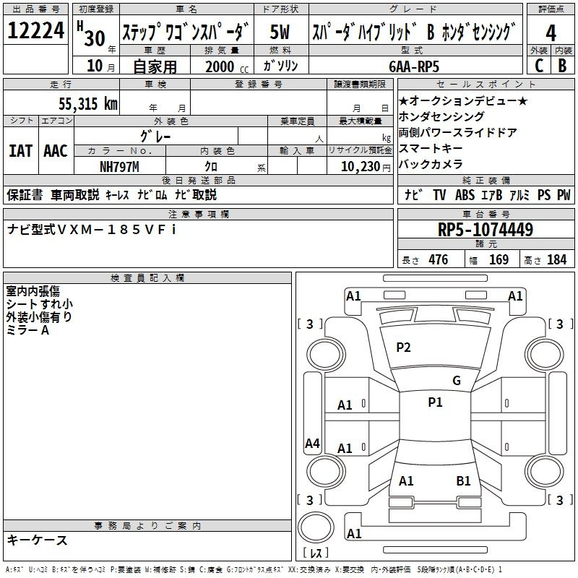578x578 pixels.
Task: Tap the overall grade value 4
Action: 551,32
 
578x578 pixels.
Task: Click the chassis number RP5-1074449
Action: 486,230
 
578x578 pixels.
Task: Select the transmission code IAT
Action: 20,150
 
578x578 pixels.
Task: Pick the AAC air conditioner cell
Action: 56,150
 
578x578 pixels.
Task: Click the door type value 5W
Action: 280,32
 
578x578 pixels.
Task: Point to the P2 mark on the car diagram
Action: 403,348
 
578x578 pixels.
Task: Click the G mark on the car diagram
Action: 456,381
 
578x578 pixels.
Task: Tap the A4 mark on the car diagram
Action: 312,444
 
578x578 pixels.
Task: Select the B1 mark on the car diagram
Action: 463,480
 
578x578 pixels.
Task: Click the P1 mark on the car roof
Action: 435,402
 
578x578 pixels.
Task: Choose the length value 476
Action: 438,259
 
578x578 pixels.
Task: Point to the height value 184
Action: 556,259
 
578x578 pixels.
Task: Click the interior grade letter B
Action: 562,66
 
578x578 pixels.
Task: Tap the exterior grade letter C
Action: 538,66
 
